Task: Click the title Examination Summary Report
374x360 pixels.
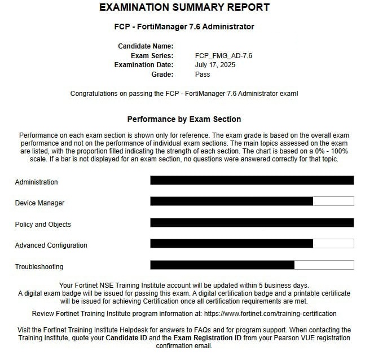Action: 184,8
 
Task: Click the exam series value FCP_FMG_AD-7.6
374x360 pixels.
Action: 223,55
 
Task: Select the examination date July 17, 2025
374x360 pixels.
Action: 215,64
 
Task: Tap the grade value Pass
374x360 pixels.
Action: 203,74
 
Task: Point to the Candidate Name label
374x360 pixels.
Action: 146,46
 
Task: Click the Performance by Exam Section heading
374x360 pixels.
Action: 184,119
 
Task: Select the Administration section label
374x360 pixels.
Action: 36,182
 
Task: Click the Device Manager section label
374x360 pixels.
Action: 39,203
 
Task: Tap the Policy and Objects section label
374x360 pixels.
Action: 43,225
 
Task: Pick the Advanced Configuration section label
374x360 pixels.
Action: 51,245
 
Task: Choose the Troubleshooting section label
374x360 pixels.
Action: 39,267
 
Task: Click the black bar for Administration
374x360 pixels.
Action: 252,181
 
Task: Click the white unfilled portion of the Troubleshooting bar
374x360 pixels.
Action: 324,265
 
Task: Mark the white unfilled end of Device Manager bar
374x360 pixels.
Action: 333,201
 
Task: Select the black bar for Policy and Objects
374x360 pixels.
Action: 252,222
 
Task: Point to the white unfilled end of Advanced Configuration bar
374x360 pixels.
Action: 333,244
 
